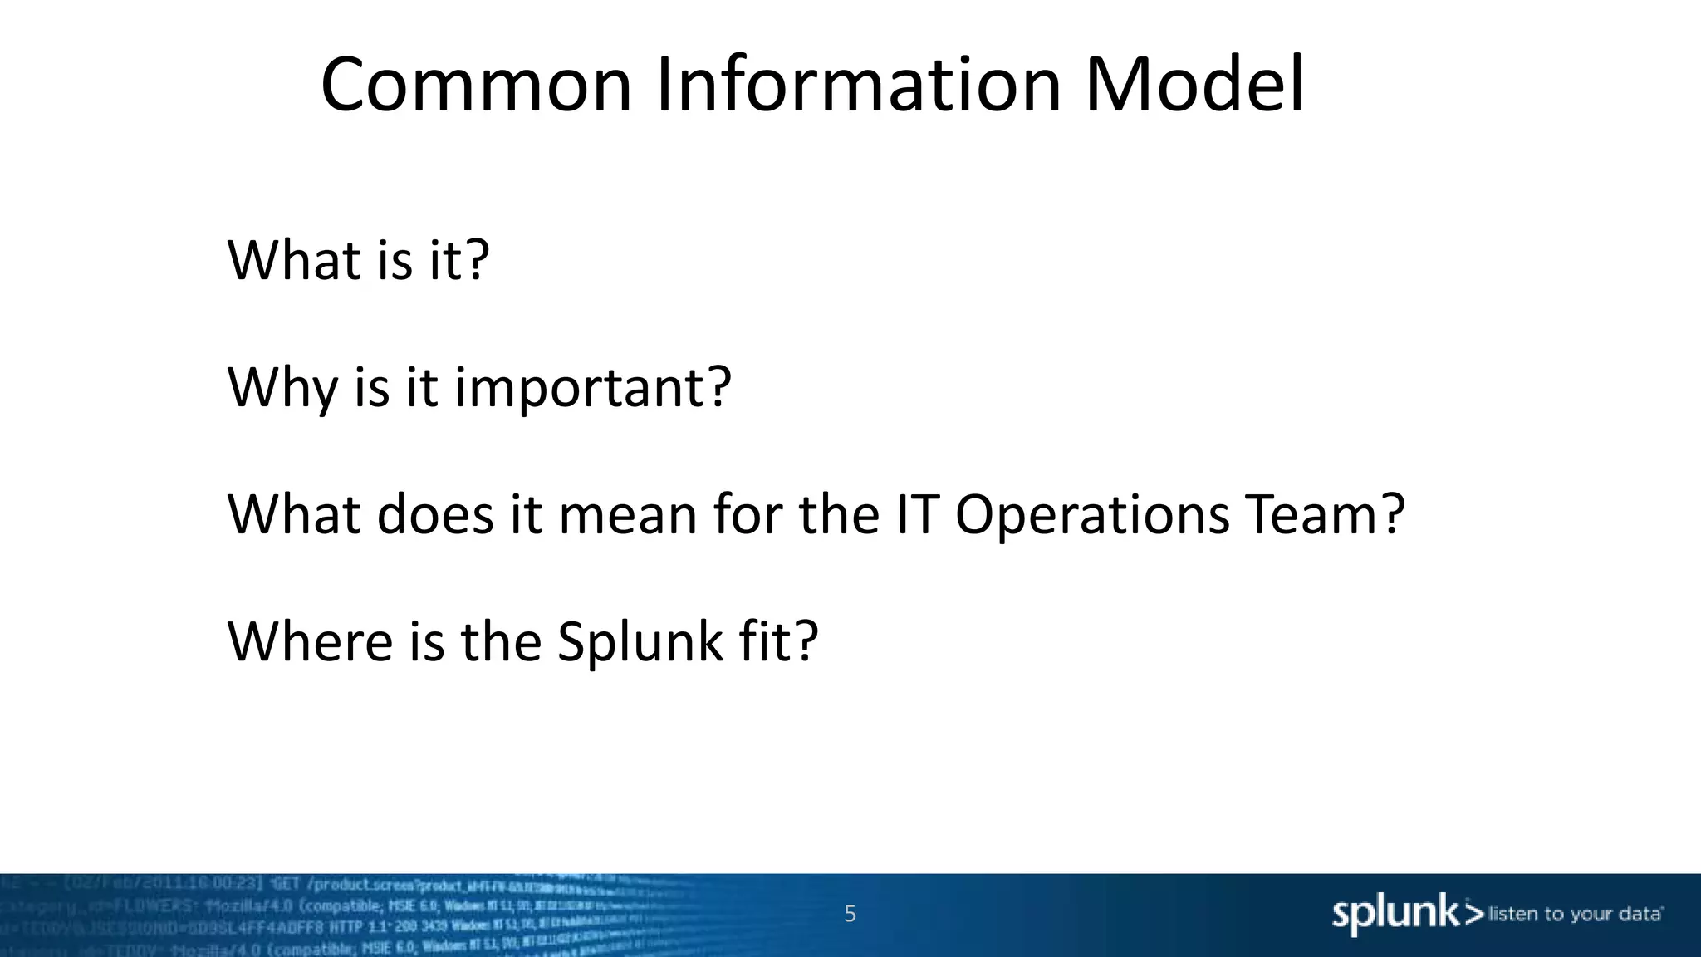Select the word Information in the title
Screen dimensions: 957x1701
(x=859, y=85)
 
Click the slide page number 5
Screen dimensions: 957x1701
(x=850, y=914)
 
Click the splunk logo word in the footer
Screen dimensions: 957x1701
(x=1395, y=914)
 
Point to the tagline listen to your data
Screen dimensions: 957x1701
(x=1575, y=914)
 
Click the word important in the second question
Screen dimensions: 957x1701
(x=582, y=387)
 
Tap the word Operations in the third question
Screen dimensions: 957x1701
(x=1091, y=514)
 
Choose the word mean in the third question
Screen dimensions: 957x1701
(x=628, y=514)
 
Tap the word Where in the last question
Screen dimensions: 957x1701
(x=310, y=641)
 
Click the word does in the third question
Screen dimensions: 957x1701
(x=435, y=514)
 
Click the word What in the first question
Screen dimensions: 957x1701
(x=293, y=260)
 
